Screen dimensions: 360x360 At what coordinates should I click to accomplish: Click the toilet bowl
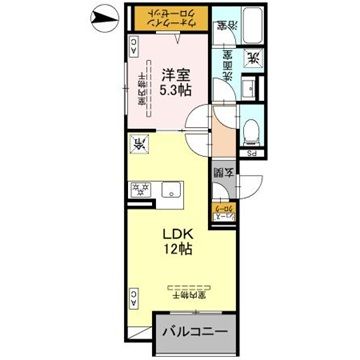(252, 131)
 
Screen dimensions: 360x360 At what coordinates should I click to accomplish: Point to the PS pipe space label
(253, 154)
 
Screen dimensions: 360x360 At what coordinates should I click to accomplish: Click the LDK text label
(175, 238)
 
